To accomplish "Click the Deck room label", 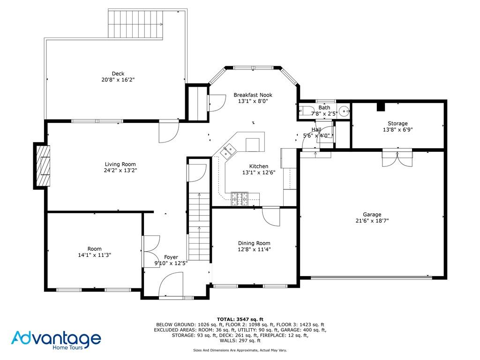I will (x=118, y=74).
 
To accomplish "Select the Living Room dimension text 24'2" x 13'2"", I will (x=120, y=171).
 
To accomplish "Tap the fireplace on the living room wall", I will (x=42, y=165).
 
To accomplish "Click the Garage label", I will (x=372, y=215).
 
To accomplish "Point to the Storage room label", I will (x=397, y=124).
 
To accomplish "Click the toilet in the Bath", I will (x=307, y=112).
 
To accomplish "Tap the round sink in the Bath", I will (x=344, y=112).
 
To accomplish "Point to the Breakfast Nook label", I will (x=253, y=95).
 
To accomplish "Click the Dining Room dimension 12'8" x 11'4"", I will (x=254, y=249).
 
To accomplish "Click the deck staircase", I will (x=135, y=24).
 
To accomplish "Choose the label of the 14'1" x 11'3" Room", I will (x=94, y=249).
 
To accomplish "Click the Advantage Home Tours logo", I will (x=56, y=339).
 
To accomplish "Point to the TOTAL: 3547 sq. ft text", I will (x=240, y=319).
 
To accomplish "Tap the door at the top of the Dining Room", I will (x=271, y=216).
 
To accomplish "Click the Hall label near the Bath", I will (x=316, y=129).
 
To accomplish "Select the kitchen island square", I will (x=252, y=144).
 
